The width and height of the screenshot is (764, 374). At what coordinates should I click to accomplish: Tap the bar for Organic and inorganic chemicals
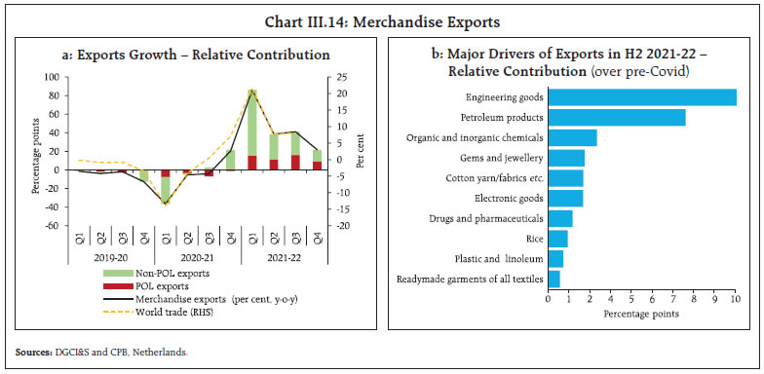(572, 137)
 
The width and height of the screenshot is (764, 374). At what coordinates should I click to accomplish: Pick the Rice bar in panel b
(557, 239)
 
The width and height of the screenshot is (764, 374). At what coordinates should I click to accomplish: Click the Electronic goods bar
(565, 199)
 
